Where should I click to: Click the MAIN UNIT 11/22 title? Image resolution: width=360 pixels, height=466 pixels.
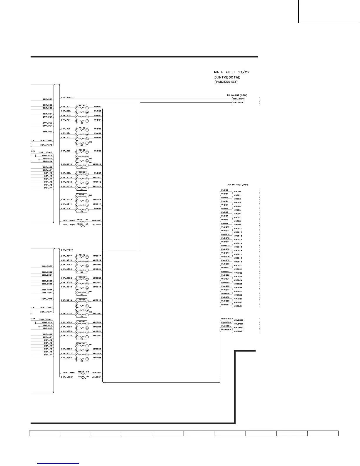pos(232,72)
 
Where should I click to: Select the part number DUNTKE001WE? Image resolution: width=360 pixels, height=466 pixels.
pos(227,77)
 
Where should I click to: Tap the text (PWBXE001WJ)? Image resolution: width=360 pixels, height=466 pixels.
pos(226,81)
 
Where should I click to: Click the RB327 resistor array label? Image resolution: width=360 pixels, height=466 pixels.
pos(82,105)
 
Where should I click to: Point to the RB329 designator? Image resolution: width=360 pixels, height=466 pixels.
pos(82,150)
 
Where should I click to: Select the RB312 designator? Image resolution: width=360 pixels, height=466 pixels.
pos(82,255)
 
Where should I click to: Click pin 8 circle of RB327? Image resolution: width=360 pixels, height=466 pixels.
pos(77,107)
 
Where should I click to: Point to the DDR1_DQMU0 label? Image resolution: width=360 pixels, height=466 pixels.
pos(46,152)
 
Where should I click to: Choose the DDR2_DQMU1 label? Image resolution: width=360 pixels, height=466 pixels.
pos(46,319)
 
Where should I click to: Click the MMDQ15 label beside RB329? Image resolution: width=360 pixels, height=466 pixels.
pos(97,164)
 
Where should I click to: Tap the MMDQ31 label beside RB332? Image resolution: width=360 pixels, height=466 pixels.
pos(97,314)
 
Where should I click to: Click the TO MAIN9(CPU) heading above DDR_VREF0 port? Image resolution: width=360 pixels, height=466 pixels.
pos(237,95)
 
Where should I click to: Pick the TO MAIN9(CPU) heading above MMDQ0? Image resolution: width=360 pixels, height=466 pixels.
pos(237,185)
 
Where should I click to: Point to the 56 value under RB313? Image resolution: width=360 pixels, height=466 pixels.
pos(82,294)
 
